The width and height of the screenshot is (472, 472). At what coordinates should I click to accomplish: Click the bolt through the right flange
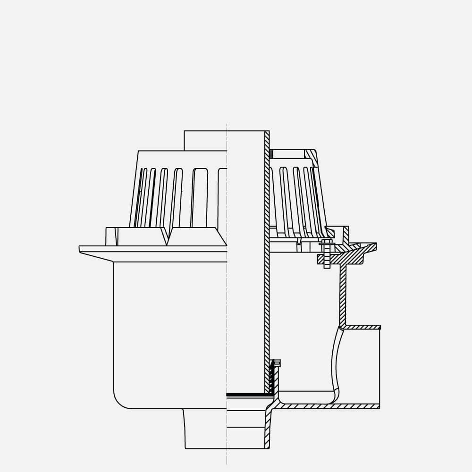(x=327, y=255)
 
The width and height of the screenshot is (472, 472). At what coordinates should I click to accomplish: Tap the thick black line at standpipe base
(x=245, y=394)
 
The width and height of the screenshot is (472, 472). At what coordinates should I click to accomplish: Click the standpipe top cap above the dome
(x=205, y=140)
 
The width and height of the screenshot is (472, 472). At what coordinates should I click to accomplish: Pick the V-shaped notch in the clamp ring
(x=168, y=238)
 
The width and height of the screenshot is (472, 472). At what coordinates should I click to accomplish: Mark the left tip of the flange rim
(x=80, y=249)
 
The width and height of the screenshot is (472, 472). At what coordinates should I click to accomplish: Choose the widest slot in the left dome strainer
(x=200, y=196)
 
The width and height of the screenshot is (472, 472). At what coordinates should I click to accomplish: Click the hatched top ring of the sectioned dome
(x=311, y=156)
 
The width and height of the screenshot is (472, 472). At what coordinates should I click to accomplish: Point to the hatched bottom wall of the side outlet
(x=330, y=406)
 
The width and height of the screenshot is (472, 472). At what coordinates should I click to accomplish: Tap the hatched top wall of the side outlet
(x=361, y=327)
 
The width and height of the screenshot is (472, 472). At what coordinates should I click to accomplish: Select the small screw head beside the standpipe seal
(x=277, y=363)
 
